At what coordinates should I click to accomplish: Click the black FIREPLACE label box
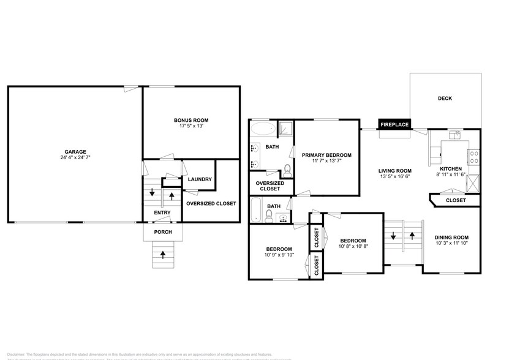tap(394, 124)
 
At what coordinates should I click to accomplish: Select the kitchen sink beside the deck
tap(454, 135)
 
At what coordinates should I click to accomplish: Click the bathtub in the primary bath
tap(263, 129)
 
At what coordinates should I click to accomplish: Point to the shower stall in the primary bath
tap(285, 129)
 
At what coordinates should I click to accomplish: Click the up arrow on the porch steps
tap(163, 255)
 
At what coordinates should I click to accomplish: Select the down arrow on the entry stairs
tap(152, 192)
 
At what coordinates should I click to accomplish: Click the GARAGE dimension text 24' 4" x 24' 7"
tap(76, 158)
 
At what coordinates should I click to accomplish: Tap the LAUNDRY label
tap(200, 179)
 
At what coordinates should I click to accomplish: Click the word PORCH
tap(163, 232)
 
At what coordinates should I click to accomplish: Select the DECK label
tap(445, 98)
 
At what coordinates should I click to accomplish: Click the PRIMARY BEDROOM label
tap(326, 156)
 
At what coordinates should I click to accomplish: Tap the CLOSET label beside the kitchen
tap(455, 200)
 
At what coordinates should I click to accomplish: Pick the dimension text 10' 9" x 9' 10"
tap(279, 255)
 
